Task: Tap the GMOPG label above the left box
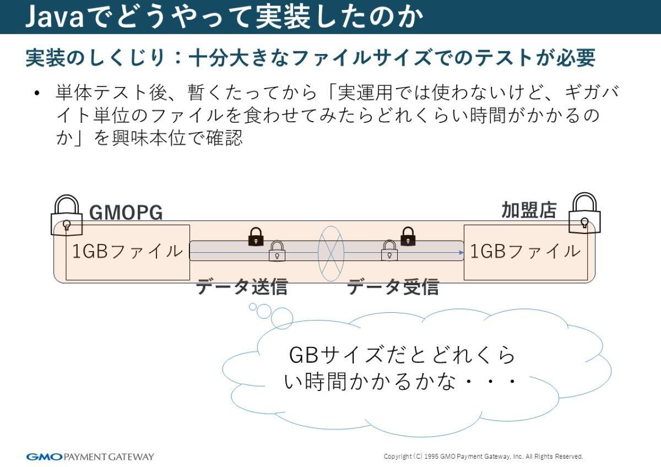[x=126, y=213]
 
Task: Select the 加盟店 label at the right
[x=529, y=210]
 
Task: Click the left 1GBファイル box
[x=127, y=252]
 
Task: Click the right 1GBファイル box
[x=525, y=252]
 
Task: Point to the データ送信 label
[x=242, y=287]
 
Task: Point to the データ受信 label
[x=393, y=287]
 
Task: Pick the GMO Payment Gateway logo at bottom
[x=90, y=457]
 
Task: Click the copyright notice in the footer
[x=483, y=457]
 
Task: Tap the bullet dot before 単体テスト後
[x=37, y=93]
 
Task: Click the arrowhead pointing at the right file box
[x=461, y=253]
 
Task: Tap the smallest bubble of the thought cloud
[x=253, y=307]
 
